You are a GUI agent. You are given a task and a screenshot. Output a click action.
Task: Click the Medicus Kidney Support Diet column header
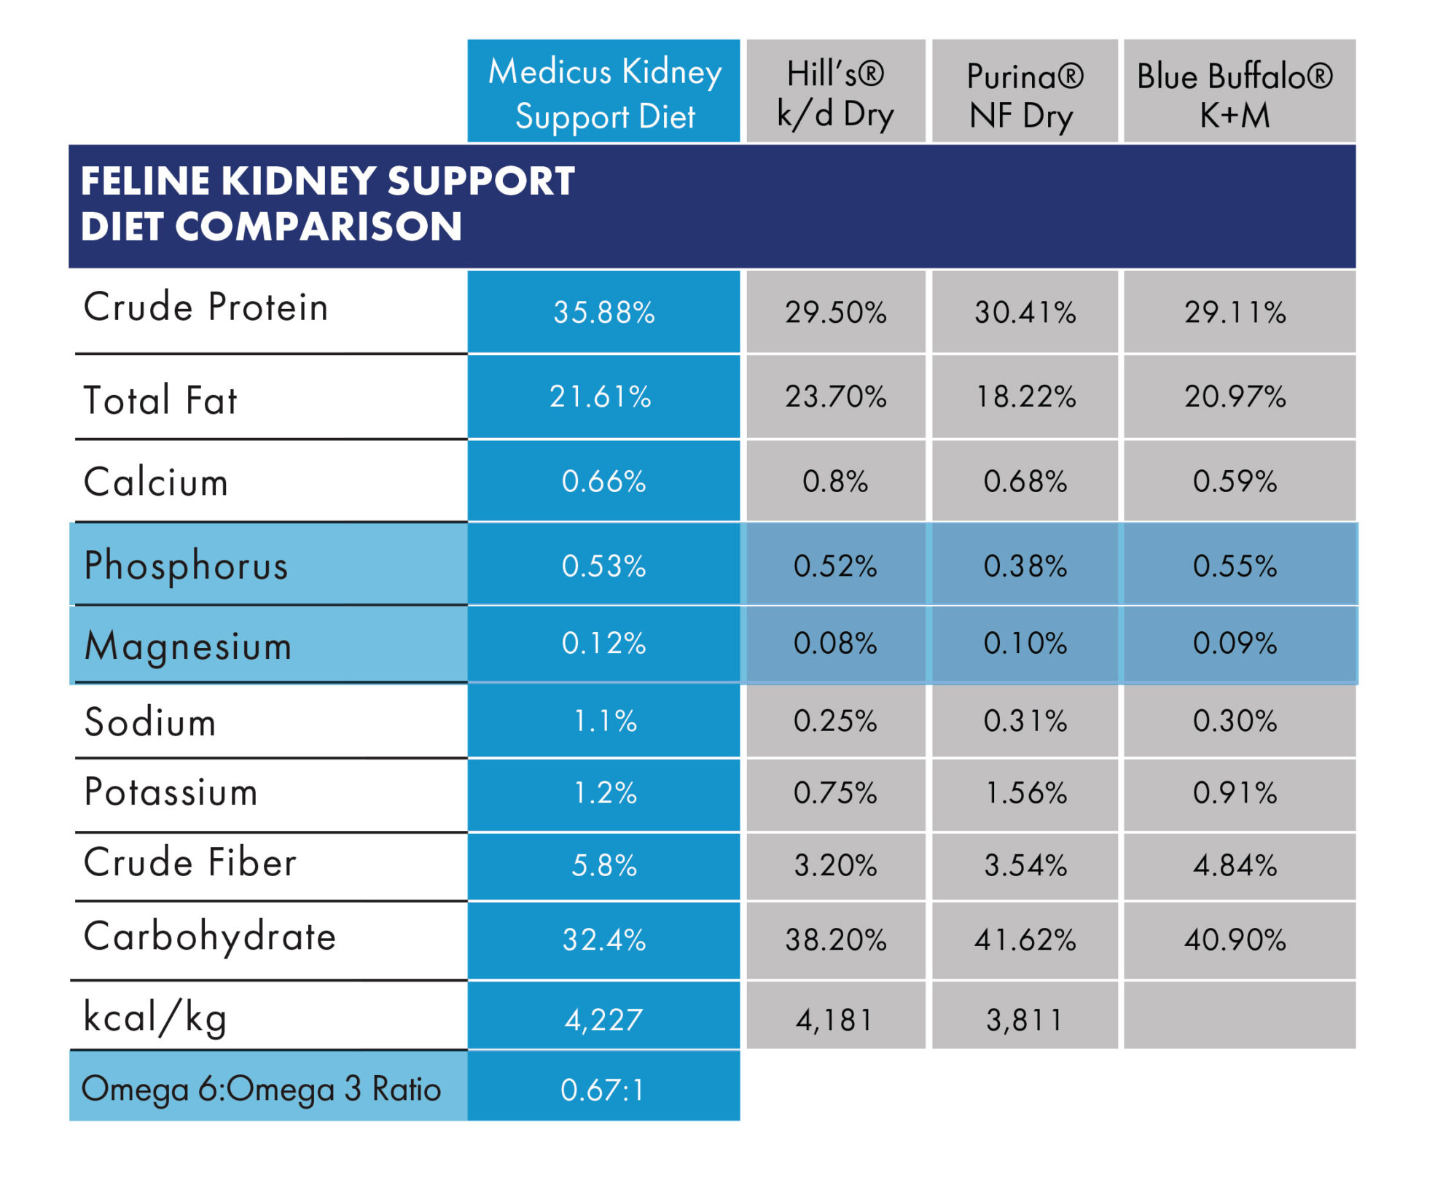(603, 93)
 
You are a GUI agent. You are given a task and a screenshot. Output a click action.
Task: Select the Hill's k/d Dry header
(835, 93)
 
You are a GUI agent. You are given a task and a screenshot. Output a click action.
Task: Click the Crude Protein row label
(206, 307)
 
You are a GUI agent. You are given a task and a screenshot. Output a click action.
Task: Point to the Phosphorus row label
(186, 566)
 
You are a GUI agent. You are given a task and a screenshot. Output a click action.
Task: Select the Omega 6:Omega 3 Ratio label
(261, 1089)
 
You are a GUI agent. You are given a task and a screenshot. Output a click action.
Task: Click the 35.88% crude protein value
(603, 313)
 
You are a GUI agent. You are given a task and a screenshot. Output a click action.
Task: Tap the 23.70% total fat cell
(835, 397)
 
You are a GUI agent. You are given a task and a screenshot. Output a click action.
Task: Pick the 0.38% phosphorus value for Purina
(1024, 566)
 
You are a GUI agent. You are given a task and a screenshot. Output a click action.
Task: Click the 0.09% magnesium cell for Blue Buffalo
(1235, 644)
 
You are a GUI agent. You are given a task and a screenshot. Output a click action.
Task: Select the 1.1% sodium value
(603, 722)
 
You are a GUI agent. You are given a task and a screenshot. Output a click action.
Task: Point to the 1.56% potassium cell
(1024, 793)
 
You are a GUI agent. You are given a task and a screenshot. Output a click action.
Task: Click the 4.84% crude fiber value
(1235, 866)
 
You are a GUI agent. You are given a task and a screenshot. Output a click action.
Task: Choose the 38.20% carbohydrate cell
(835, 940)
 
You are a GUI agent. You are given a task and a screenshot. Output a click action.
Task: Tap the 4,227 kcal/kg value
(603, 1020)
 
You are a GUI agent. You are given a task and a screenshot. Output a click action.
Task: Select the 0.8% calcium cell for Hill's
(835, 482)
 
